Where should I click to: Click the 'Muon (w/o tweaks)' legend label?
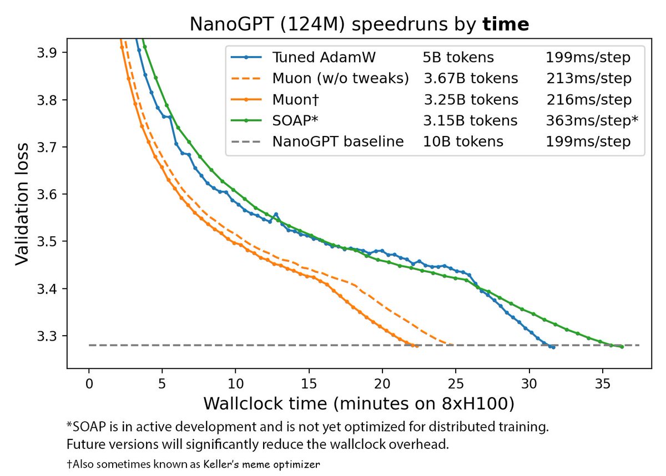click(x=340, y=78)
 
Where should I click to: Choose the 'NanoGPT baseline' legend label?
click(x=337, y=141)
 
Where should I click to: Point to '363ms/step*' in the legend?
click(x=592, y=120)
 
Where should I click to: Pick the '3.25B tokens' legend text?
click(x=471, y=99)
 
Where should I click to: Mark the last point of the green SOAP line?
click(x=622, y=347)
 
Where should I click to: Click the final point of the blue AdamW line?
click(x=553, y=347)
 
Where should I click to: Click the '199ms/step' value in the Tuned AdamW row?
click(x=588, y=57)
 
